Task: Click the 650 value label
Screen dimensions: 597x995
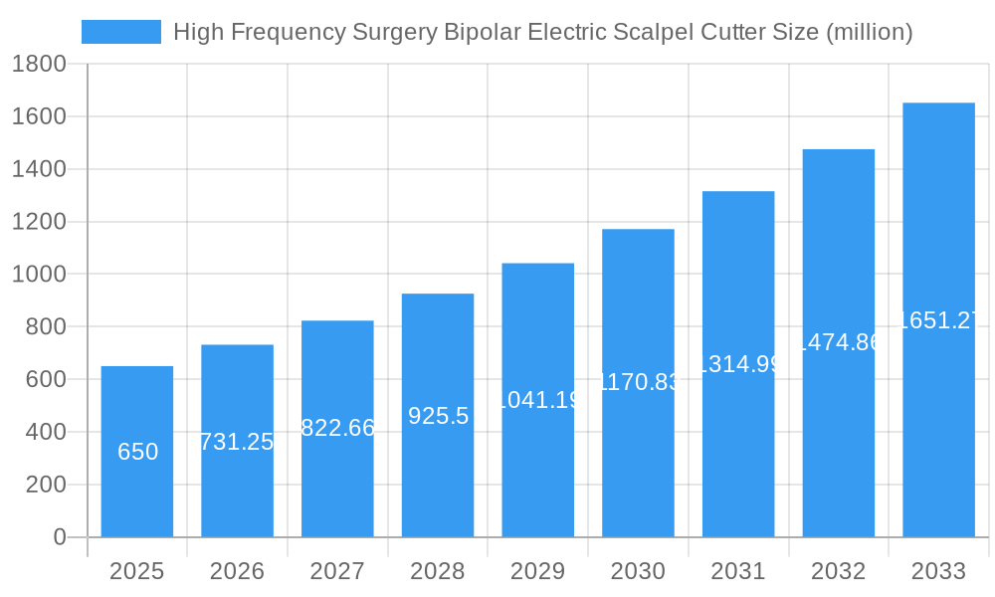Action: (137, 452)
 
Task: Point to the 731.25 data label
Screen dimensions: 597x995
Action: (237, 442)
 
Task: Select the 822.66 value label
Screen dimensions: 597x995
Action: (337, 428)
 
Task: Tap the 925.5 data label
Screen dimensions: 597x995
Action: (438, 416)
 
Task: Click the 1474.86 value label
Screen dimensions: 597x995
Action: (839, 342)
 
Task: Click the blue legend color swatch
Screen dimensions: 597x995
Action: (120, 32)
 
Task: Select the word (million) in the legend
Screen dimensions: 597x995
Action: (870, 32)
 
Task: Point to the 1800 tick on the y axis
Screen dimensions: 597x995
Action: (39, 65)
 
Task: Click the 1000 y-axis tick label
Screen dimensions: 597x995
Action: (39, 275)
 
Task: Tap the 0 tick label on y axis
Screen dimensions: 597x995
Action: (59, 537)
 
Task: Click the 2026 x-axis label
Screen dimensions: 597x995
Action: (237, 571)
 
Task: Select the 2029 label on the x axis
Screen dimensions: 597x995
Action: (537, 571)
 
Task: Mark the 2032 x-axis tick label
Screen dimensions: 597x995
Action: (838, 571)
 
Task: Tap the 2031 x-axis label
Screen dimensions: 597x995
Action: (738, 571)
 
